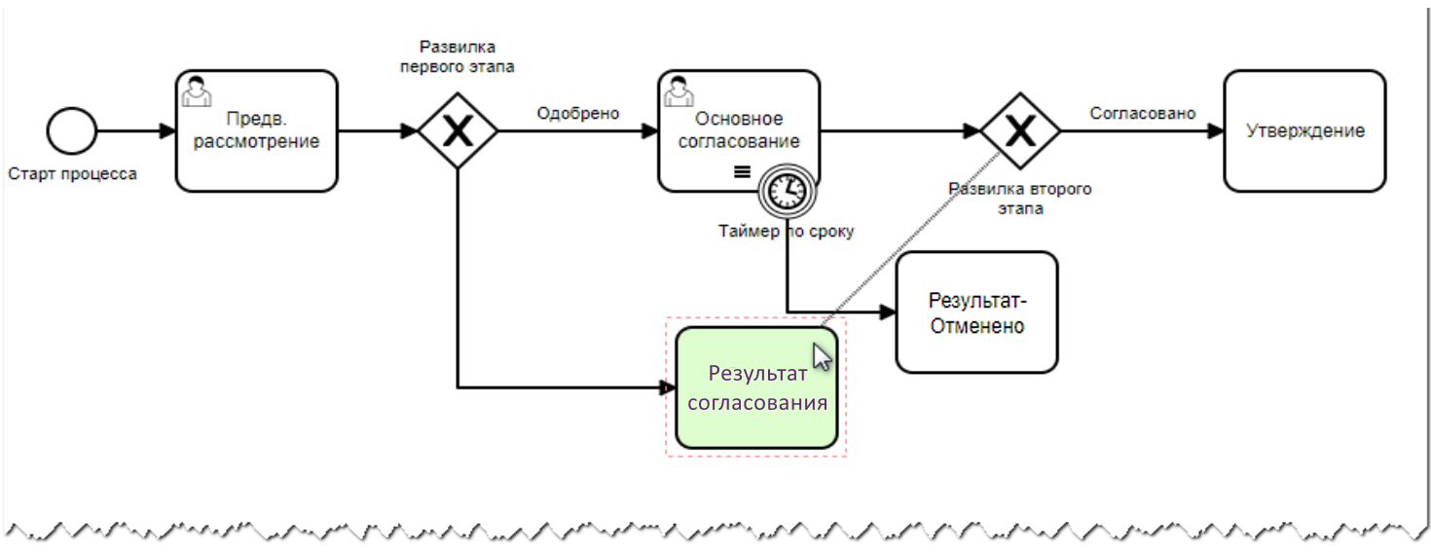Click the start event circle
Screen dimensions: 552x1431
pyautogui.click(x=72, y=130)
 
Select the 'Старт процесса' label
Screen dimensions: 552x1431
pyautogui.click(x=72, y=174)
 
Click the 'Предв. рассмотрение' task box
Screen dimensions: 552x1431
pyautogui.click(x=257, y=130)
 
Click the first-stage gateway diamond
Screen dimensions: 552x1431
pyautogui.click(x=458, y=130)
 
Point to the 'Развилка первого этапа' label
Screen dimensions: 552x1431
pyautogui.click(x=458, y=56)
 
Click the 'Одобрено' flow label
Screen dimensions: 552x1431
pyautogui.click(x=578, y=113)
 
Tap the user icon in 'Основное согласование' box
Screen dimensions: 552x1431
pyautogui.click(x=679, y=90)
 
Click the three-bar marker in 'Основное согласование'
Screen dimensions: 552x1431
pyautogui.click(x=742, y=171)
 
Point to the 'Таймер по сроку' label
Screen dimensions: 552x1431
pyautogui.click(x=787, y=232)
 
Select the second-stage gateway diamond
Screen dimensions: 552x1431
pyautogui.click(x=1019, y=130)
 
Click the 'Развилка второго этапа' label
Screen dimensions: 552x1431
pyautogui.click(x=1019, y=198)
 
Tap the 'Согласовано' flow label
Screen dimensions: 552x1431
pyautogui.click(x=1142, y=113)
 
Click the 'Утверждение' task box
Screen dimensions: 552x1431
pyautogui.click(x=1304, y=130)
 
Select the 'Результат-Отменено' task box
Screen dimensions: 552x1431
pyautogui.click(x=976, y=313)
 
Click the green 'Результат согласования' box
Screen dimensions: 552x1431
pyautogui.click(x=756, y=388)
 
